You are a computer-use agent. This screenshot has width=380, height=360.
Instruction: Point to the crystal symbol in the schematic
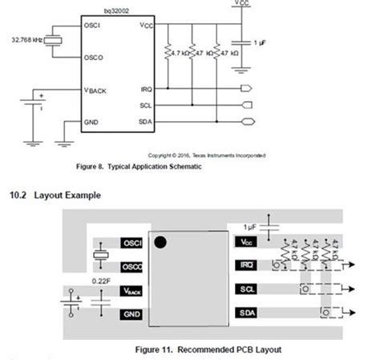(54, 41)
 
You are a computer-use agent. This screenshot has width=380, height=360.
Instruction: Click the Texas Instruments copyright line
(207, 155)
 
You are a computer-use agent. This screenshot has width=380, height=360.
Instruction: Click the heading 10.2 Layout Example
(55, 195)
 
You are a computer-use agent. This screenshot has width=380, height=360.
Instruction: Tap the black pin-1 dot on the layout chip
(161, 241)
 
